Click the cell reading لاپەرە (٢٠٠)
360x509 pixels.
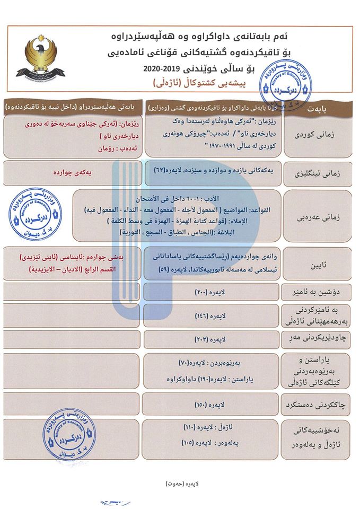click(210, 291)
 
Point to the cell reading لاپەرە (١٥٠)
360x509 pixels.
click(210, 404)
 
